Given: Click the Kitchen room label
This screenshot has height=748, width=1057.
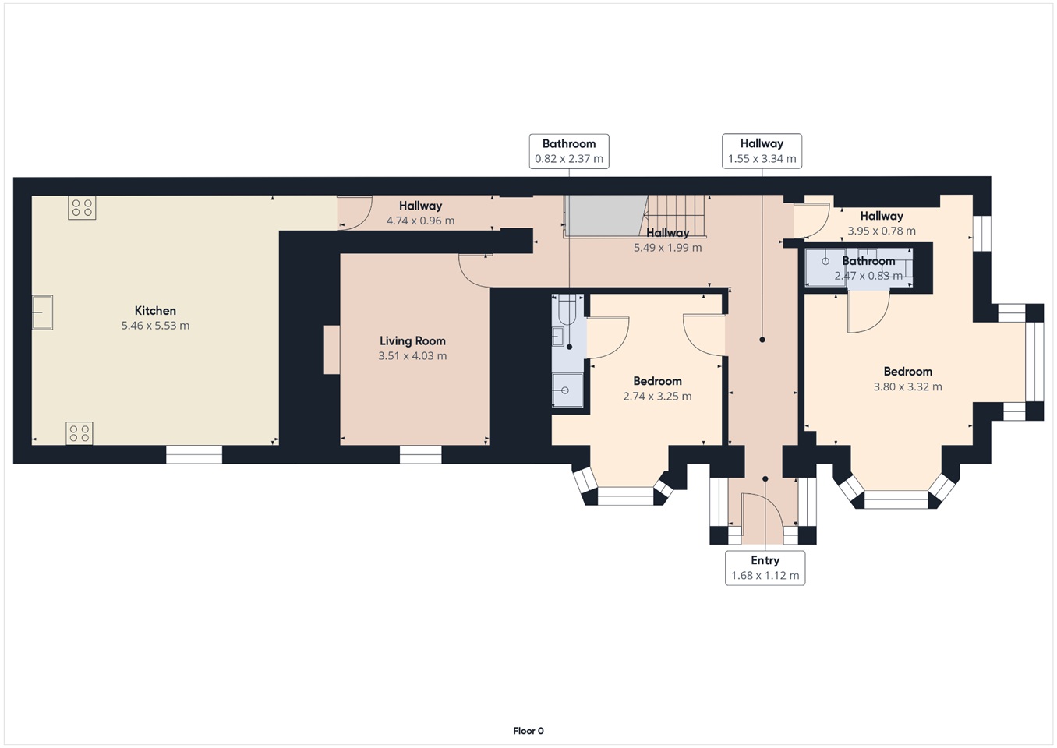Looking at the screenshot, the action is click(155, 310).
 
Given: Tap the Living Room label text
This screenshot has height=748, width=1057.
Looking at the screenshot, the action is click(412, 341).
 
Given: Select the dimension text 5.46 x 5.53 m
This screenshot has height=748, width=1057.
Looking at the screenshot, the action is click(155, 326).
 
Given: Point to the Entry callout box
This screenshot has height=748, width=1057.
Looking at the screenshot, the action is click(765, 568).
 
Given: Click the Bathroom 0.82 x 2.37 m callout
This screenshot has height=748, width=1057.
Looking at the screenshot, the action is click(569, 151).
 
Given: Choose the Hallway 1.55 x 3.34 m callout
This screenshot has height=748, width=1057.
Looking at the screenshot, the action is click(762, 151).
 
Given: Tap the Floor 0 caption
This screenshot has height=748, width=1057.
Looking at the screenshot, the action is click(528, 731).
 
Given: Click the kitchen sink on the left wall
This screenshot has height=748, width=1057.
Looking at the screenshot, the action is click(42, 312).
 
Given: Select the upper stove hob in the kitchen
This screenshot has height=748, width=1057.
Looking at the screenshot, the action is click(82, 208).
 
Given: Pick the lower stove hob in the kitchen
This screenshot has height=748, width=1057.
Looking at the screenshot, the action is click(80, 433).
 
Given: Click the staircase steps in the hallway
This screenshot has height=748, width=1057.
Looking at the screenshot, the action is click(676, 216).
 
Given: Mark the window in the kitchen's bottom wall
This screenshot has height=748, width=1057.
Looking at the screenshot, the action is click(194, 454).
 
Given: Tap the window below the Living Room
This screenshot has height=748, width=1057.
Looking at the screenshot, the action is click(420, 455).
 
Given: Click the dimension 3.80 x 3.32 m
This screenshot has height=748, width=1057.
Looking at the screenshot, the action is click(908, 386).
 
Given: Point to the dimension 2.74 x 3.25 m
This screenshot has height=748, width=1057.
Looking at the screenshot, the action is click(657, 396).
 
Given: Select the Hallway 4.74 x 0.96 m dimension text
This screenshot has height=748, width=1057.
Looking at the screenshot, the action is click(420, 221).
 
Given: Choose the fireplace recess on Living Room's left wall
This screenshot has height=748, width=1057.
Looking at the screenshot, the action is click(332, 350).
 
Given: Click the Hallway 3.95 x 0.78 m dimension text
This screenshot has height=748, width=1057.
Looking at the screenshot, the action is click(882, 231).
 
